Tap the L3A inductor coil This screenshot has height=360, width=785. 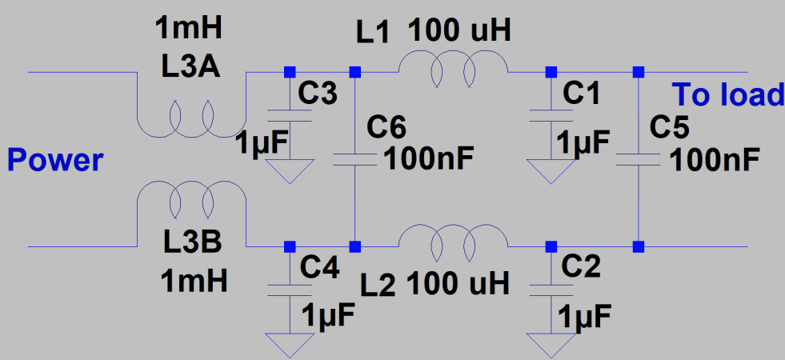pos(190,120)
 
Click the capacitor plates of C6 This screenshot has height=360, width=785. pos(354,158)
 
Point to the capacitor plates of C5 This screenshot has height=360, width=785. pos(638,158)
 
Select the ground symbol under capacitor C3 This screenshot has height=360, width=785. pos(289,170)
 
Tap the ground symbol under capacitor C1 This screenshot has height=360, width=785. pos(551,170)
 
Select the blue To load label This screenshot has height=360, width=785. pos(727,95)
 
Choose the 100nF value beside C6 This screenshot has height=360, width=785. pos(429,159)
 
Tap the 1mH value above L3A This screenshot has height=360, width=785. pos(190,32)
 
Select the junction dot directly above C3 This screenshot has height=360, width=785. pos(289,72)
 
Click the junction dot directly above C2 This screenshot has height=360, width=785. pos(551,245)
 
